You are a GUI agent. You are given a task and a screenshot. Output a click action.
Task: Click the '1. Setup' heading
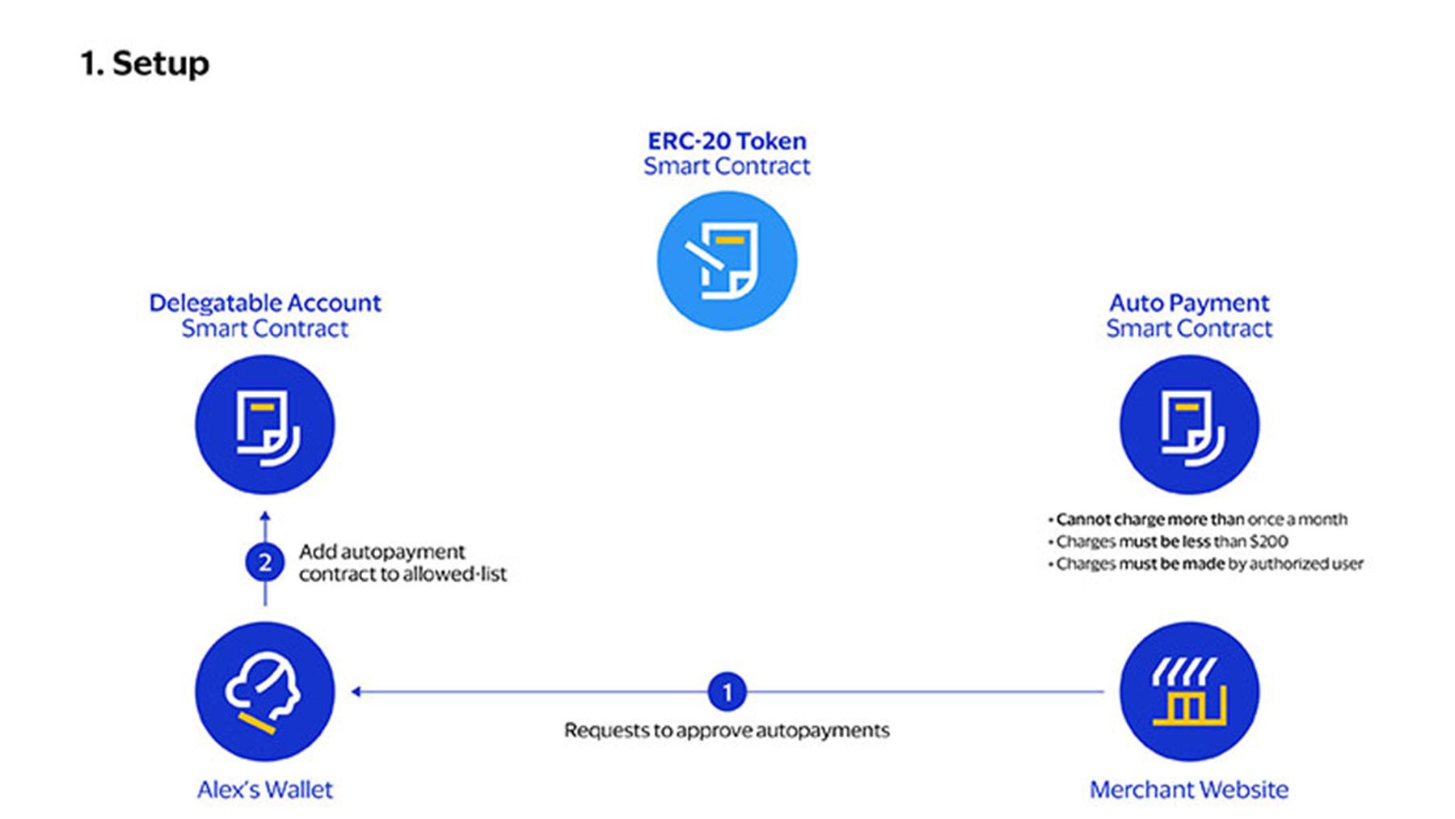tap(145, 64)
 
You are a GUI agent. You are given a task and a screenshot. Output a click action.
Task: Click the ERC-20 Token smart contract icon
tap(727, 261)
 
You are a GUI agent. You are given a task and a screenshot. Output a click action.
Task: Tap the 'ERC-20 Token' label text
tap(727, 141)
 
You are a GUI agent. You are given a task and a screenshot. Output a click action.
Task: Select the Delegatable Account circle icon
tap(265, 425)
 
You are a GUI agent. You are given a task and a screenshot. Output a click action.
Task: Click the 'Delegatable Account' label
tap(265, 303)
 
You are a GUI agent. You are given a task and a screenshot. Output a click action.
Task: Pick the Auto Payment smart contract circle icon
tap(1189, 425)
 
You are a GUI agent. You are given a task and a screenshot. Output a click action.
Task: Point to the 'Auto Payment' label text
tap(1189, 303)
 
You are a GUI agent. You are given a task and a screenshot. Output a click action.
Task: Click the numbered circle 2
tap(265, 563)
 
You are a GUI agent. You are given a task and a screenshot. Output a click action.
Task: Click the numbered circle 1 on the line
tap(727, 692)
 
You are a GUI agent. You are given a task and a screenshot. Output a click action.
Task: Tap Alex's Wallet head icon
tap(265, 692)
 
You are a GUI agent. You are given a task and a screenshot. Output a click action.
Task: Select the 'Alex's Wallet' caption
tap(265, 790)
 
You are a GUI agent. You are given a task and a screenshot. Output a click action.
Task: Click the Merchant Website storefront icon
tap(1189, 692)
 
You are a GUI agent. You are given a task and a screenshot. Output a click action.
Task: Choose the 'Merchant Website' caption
tap(1189, 790)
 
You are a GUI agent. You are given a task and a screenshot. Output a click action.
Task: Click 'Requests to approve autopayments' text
tap(727, 731)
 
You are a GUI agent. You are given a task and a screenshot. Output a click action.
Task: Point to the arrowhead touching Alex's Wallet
tap(356, 692)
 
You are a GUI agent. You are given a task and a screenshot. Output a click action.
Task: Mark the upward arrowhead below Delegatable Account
tap(265, 516)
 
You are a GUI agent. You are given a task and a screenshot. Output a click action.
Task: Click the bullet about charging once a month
tap(1201, 520)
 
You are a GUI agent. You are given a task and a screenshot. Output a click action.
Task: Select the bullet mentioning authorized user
tap(1208, 564)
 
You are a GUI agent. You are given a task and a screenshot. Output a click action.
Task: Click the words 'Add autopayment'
tap(382, 552)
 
